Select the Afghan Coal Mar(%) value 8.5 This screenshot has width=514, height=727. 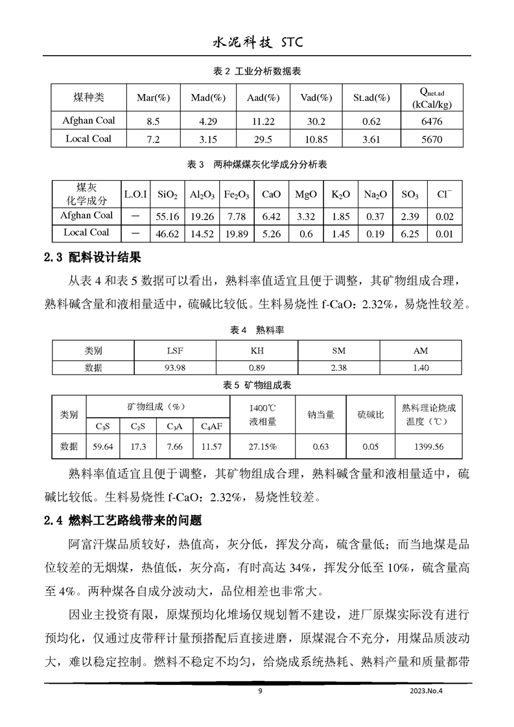tap(153, 121)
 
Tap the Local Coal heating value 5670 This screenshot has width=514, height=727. tap(431, 139)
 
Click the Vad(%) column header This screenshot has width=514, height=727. tap(316, 98)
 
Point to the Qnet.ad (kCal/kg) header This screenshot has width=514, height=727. tap(431, 98)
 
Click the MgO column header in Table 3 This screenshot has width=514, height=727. tap(305, 194)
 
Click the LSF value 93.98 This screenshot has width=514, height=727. tap(175, 368)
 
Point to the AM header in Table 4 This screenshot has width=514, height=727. tap(421, 351)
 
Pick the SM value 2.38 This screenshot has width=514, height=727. tap(338, 368)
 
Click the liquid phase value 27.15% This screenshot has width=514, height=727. tap(263, 446)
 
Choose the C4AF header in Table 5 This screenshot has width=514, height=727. tap(211, 426)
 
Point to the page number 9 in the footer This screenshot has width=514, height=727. tap(259, 691)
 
